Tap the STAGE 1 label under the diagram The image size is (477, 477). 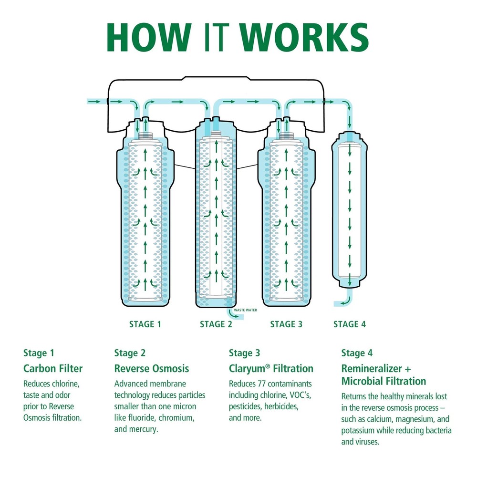click(145, 324)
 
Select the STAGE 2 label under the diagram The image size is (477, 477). click(216, 324)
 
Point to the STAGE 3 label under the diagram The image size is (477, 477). click(286, 324)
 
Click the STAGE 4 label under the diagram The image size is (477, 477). click(350, 324)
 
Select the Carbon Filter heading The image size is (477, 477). click(53, 368)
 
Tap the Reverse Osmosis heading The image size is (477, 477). click(152, 368)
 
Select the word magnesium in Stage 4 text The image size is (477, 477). click(413, 419)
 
